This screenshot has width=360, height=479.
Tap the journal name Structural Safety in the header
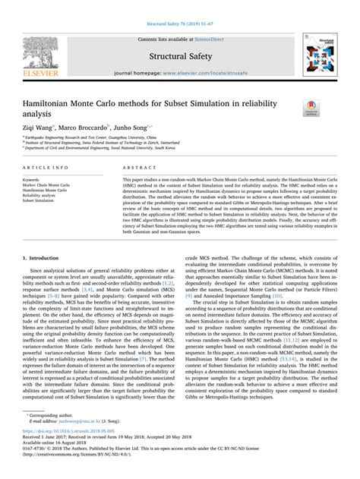179,55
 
